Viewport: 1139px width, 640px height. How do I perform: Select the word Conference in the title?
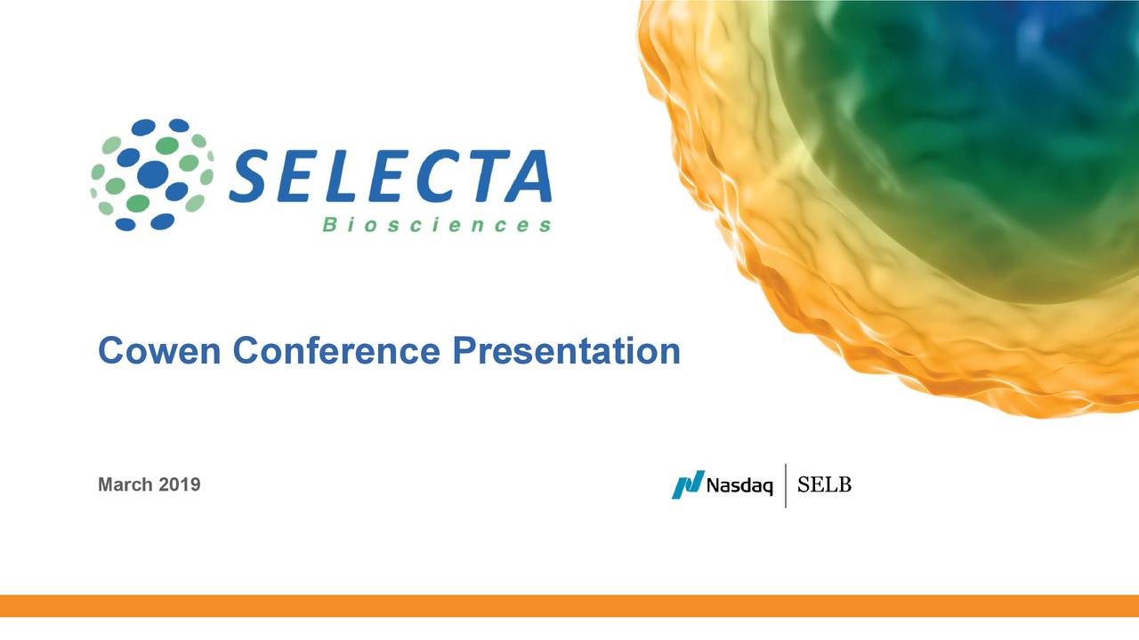(x=336, y=351)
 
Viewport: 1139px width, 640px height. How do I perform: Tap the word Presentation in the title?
(x=565, y=351)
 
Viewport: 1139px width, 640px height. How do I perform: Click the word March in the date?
(x=125, y=485)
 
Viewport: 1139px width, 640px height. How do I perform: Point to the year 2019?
(x=179, y=485)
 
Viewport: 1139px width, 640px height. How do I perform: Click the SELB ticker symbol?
(x=824, y=485)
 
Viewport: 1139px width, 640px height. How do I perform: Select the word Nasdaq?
(x=739, y=486)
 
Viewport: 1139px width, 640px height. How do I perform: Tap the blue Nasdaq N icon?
(x=687, y=484)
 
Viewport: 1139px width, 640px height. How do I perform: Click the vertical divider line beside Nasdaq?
(x=785, y=485)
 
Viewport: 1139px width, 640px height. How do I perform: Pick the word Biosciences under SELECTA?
(x=436, y=226)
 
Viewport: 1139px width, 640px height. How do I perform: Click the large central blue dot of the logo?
(x=152, y=173)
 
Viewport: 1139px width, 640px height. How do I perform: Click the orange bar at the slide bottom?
(x=569, y=605)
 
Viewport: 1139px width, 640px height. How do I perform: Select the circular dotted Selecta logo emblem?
(x=152, y=174)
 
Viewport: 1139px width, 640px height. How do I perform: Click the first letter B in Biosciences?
(x=328, y=226)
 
